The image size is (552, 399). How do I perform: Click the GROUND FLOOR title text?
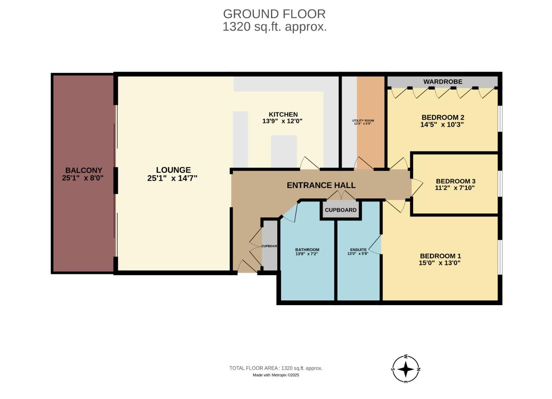[274, 14]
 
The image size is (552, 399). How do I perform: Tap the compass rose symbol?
[405, 369]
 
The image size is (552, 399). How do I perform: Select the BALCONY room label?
[83, 170]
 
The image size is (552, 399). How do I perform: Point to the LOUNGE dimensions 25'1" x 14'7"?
[172, 178]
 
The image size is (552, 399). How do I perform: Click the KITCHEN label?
[283, 115]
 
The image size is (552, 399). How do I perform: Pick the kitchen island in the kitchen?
[284, 151]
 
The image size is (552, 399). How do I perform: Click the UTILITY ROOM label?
[363, 121]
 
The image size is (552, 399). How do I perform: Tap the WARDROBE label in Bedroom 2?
[442, 82]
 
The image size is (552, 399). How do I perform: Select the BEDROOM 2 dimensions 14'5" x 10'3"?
[442, 125]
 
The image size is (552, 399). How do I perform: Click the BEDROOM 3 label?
[455, 181]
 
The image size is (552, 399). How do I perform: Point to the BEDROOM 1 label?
[440, 256]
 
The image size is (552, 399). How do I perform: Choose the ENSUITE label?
[358, 250]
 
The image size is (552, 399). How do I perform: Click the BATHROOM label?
[307, 250]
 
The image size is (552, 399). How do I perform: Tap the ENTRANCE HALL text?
[321, 185]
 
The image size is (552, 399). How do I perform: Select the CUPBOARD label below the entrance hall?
[340, 210]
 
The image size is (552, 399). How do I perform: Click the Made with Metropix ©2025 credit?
[276, 375]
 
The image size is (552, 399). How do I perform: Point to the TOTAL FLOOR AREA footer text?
[276, 368]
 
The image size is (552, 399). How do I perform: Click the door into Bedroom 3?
[417, 187]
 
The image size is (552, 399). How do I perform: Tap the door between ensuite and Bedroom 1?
[376, 245]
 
